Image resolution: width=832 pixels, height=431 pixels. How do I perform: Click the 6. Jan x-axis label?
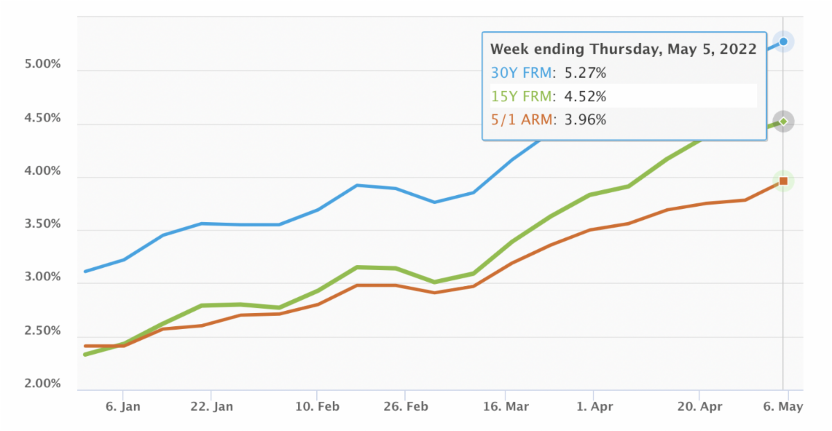click(123, 407)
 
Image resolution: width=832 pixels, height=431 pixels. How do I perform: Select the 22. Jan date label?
click(211, 407)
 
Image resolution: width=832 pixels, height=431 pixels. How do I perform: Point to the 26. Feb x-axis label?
click(405, 407)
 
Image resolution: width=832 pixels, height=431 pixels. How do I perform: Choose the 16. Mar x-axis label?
click(506, 407)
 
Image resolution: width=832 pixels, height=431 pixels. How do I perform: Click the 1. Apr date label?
click(594, 407)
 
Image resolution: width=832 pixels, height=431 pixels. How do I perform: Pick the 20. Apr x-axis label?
click(700, 407)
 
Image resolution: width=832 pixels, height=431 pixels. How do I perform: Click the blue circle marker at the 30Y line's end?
click(783, 42)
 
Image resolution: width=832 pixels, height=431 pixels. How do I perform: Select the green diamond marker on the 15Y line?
click(783, 121)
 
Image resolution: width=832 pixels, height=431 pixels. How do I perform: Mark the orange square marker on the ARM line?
click(783, 181)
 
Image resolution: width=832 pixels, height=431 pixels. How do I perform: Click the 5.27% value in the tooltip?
click(584, 73)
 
